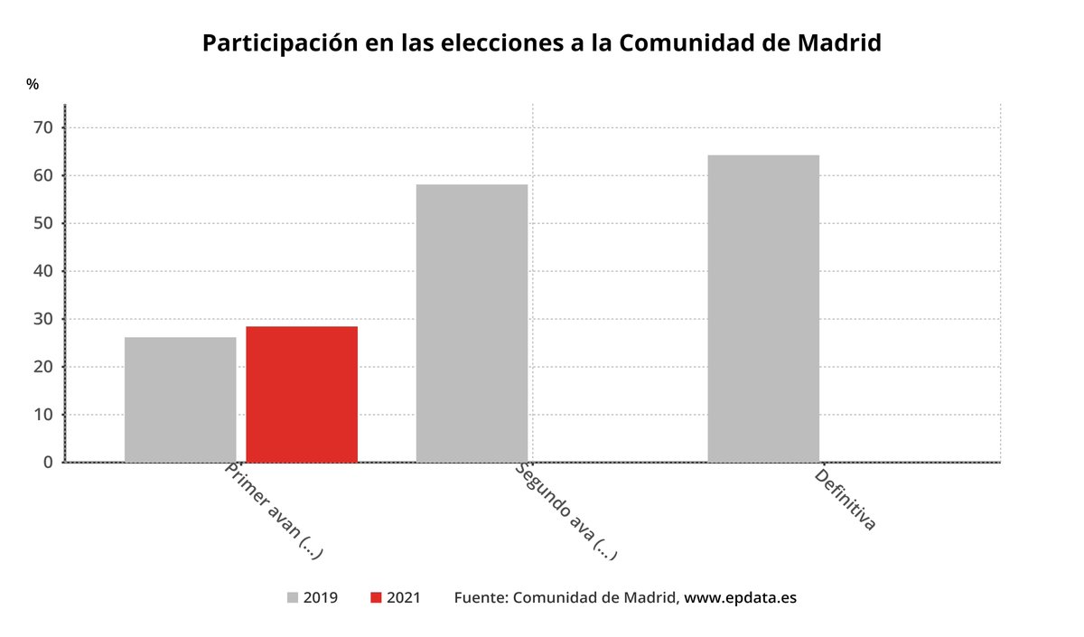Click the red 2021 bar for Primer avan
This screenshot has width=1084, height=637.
[302, 394]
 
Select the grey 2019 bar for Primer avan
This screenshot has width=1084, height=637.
[180, 399]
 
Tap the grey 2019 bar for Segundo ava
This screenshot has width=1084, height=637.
[472, 323]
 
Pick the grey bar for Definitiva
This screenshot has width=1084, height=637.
[763, 308]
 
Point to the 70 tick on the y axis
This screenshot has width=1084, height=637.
[44, 127]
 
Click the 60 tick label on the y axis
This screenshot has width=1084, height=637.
[44, 175]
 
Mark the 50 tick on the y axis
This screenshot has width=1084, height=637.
[44, 223]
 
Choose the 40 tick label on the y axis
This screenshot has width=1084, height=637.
[44, 271]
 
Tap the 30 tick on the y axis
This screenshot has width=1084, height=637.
[44, 319]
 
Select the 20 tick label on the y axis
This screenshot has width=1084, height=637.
[44, 367]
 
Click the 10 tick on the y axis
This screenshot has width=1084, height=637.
[44, 415]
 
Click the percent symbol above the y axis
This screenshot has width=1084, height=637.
[33, 84]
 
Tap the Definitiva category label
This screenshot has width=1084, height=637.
[846, 499]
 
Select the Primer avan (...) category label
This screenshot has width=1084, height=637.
[274, 512]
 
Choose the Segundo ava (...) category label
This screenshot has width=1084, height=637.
[566, 512]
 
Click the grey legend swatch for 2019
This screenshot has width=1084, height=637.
[293, 598]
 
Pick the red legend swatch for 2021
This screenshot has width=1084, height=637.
[376, 598]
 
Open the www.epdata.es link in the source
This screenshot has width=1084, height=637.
[740, 598]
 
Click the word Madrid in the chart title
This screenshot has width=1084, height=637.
[836, 42]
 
